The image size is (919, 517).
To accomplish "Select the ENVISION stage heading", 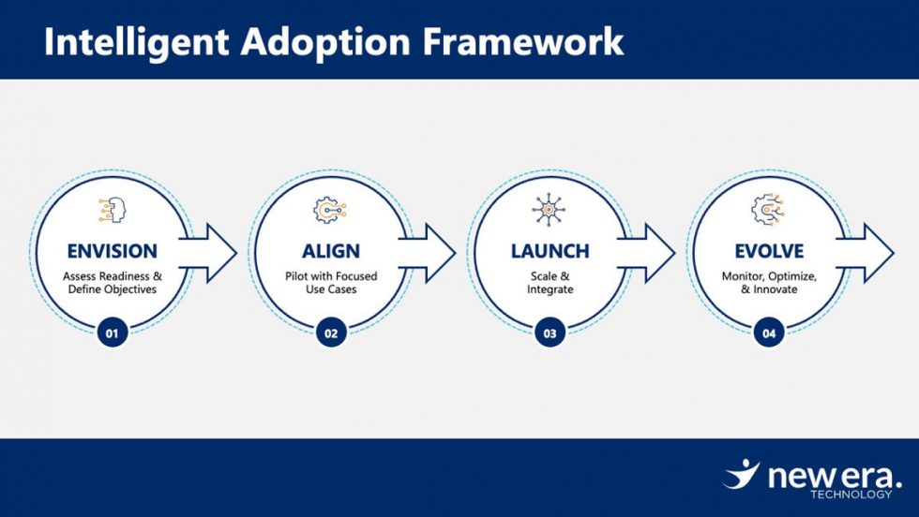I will click(112, 251).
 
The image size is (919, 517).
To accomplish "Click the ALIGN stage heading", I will click(330, 251).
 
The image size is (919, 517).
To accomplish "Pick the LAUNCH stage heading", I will click(550, 251).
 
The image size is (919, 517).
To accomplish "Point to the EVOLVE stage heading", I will click(768, 251).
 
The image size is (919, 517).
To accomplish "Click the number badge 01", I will click(112, 332).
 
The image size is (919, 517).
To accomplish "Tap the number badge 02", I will click(330, 332).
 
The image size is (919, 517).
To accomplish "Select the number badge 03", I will click(550, 332).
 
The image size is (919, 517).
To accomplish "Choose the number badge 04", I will click(768, 332).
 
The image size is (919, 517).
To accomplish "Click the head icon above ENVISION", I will click(112, 210).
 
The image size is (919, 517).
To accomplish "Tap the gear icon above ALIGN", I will click(330, 210).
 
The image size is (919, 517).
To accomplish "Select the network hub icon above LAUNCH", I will click(550, 210).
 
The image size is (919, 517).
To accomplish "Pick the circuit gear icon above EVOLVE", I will click(768, 210).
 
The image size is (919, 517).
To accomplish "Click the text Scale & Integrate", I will click(550, 283).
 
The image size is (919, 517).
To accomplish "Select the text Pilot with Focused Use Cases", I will click(330, 283).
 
